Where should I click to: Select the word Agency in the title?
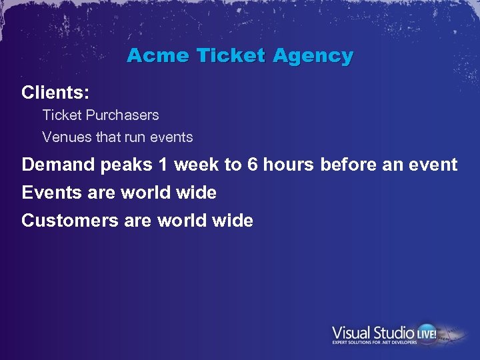(x=313, y=57)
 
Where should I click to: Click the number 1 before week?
(x=164, y=165)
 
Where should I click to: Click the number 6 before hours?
(x=252, y=165)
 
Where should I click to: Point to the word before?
(x=349, y=165)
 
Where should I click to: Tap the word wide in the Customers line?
(x=234, y=221)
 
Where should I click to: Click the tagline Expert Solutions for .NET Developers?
(x=375, y=343)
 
